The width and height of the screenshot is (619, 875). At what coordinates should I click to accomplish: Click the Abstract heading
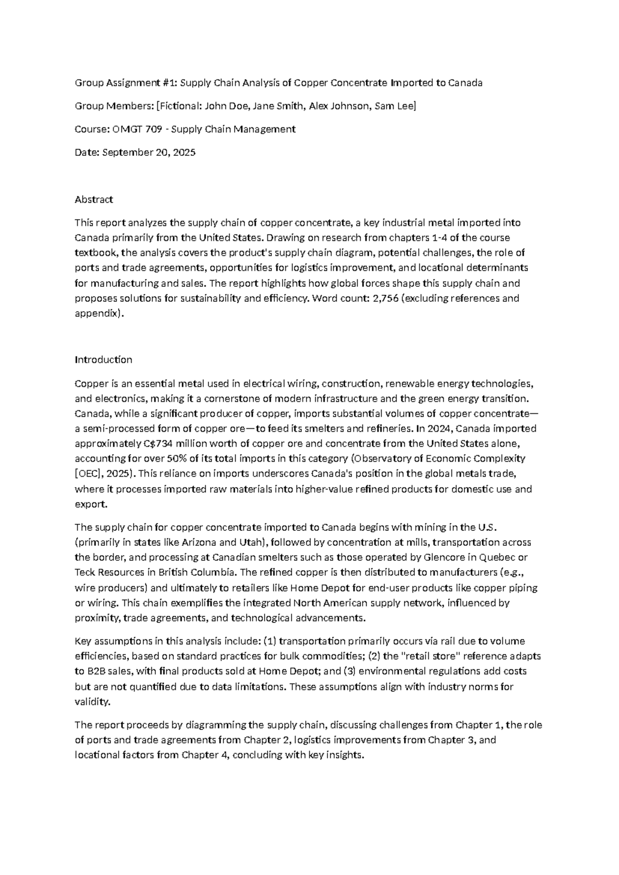pyautogui.click(x=94, y=199)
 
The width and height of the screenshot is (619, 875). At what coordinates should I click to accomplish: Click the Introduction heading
pyautogui.click(x=103, y=360)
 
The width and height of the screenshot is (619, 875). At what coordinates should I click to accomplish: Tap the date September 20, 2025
pyautogui.click(x=149, y=152)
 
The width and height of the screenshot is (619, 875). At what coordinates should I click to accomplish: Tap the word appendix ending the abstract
pyautogui.click(x=98, y=313)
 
